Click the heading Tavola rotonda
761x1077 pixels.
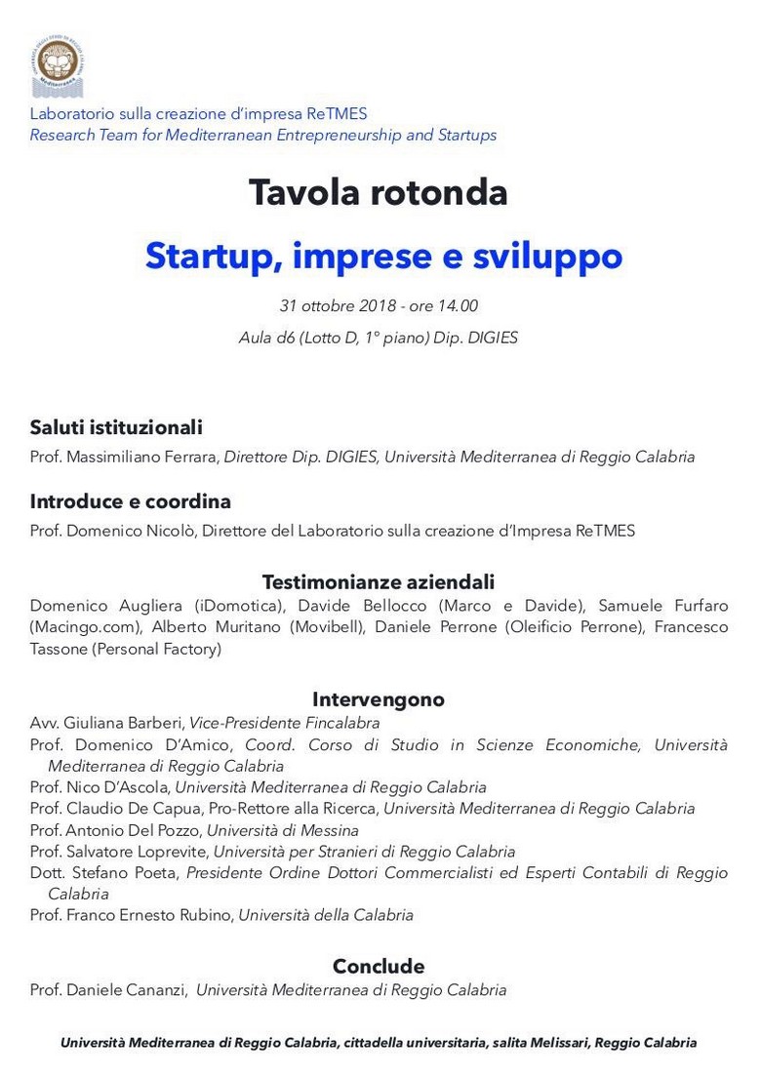coord(379,192)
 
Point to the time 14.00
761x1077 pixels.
coord(457,306)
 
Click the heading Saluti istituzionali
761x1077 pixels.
coord(116,427)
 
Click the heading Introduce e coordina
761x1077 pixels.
coord(130,501)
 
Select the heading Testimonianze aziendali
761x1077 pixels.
coord(379,582)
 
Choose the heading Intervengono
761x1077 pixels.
coord(379,699)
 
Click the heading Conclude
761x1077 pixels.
coord(379,966)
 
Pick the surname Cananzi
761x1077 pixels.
coord(155,990)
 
